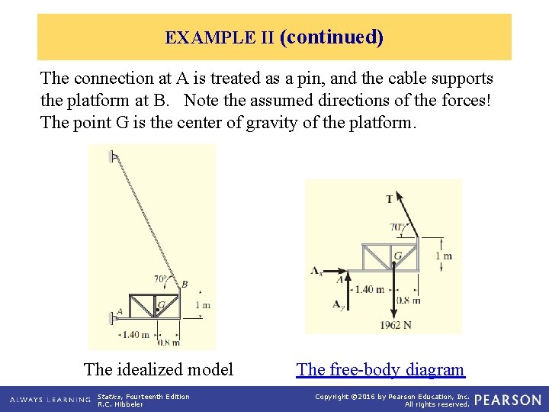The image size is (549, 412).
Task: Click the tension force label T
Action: tap(390, 199)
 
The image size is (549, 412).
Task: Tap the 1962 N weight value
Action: tap(396, 324)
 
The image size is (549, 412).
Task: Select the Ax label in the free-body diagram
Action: tap(316, 270)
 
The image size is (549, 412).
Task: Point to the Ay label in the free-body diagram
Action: tap(338, 304)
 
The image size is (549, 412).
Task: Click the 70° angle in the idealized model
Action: tap(161, 278)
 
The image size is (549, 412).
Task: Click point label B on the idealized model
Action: tap(185, 285)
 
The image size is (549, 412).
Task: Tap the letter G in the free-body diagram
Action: tap(398, 255)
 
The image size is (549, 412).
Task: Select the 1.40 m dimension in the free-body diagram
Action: tap(369, 289)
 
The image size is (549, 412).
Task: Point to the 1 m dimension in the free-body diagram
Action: tap(443, 256)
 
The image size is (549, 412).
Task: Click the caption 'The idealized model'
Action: tap(159, 370)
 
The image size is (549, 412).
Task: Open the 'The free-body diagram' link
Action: tap(380, 370)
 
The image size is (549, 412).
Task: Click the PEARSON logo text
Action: tap(508, 401)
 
